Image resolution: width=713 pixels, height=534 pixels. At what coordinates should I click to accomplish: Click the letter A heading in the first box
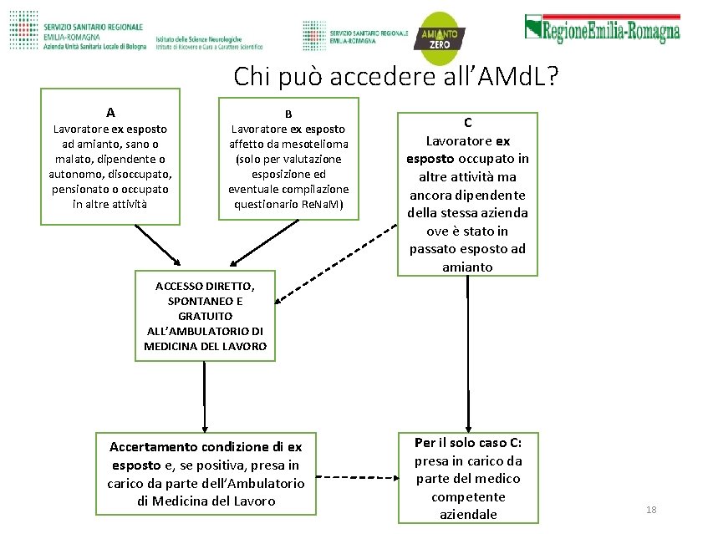coord(110,113)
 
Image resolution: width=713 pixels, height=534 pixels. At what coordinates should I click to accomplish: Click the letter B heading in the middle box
coord(288,114)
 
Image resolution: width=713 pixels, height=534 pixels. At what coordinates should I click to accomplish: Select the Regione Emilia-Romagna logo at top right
coord(602,28)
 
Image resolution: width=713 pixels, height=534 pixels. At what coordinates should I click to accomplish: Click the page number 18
coord(651,510)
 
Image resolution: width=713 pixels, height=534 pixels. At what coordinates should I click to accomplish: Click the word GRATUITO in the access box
coord(205,316)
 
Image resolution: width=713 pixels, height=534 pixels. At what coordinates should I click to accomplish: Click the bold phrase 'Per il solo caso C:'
coord(468,442)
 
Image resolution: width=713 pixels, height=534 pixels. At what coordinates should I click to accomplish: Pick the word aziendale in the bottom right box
coord(468,515)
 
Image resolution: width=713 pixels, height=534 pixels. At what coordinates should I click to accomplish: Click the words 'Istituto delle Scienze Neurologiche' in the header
coord(198,38)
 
